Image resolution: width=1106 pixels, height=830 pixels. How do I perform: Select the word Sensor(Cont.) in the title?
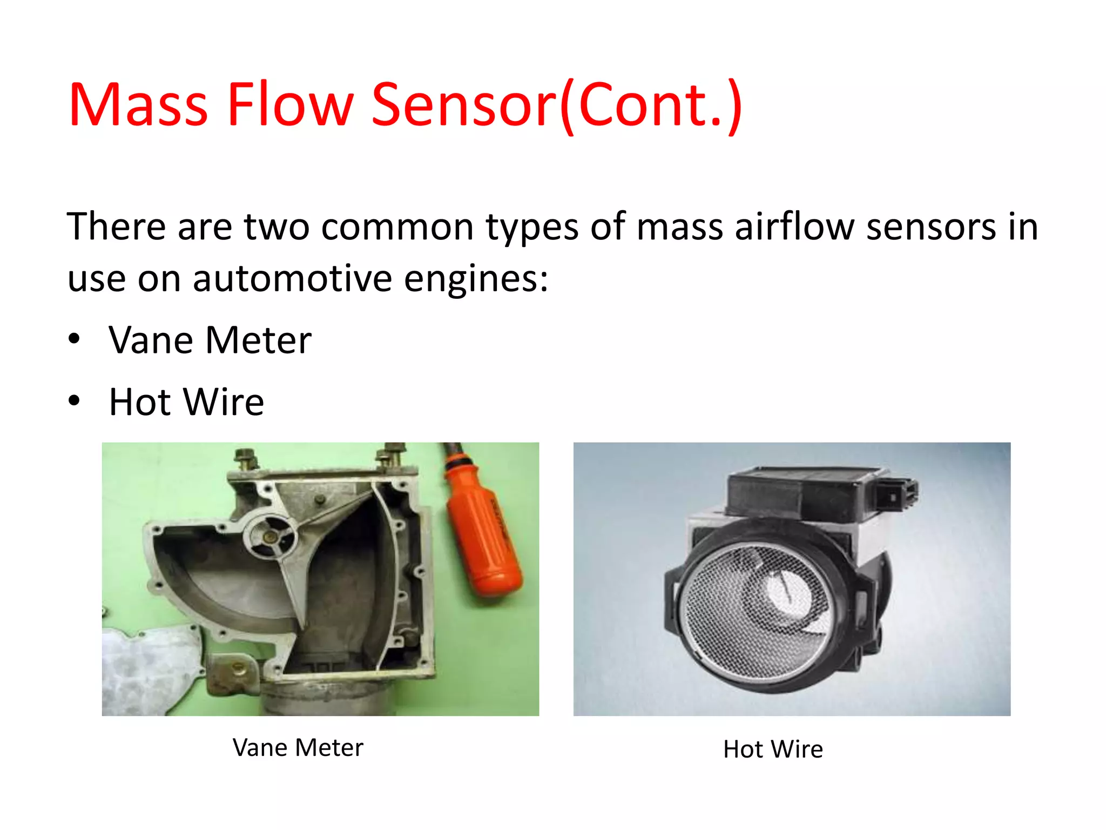(x=557, y=105)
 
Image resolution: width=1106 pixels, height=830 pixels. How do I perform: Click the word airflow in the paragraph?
(x=794, y=226)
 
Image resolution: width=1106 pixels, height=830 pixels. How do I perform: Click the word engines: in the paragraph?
(x=476, y=280)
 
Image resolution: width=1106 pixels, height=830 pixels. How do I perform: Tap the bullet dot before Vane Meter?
(x=75, y=339)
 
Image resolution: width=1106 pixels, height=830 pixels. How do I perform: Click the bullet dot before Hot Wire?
(x=75, y=401)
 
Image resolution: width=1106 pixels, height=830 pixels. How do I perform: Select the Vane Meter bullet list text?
(x=210, y=340)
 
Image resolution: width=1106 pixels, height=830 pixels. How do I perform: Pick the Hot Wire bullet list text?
(x=186, y=402)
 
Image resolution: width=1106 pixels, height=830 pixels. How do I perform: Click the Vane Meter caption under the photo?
(x=298, y=748)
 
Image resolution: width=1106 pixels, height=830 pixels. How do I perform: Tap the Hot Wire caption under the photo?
(x=773, y=749)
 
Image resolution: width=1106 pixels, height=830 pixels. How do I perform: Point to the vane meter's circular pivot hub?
(x=269, y=537)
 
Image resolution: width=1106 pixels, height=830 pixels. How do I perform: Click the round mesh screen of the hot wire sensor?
(x=756, y=611)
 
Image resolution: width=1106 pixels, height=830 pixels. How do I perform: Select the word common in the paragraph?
(x=397, y=226)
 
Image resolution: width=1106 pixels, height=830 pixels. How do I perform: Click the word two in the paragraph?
(x=276, y=226)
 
